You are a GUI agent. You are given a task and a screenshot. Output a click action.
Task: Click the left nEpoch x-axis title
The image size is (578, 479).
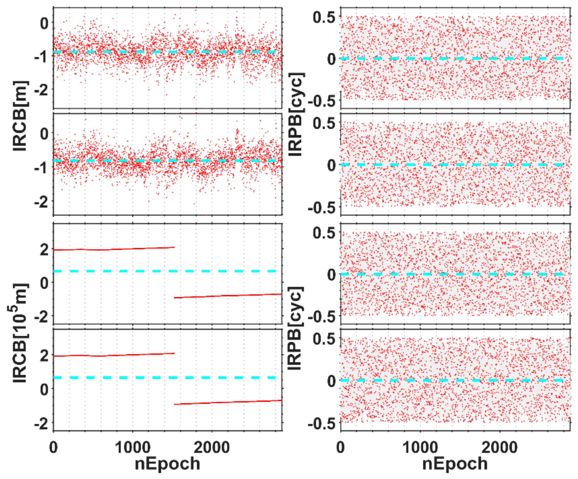pyautogui.click(x=167, y=463)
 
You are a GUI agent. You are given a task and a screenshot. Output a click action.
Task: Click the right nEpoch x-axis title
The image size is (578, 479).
pyautogui.click(x=455, y=463)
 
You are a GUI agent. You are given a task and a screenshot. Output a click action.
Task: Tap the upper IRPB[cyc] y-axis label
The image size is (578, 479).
pyautogui.click(x=296, y=114)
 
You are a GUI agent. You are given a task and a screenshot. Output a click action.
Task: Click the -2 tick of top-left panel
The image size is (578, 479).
pyautogui.click(x=41, y=90)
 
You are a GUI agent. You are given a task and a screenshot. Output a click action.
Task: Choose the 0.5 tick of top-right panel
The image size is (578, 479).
pyautogui.click(x=324, y=17)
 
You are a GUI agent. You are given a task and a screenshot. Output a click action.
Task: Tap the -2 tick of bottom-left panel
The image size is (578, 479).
pyautogui.click(x=41, y=424)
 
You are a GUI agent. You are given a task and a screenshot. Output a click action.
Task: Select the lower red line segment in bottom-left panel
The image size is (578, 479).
pyautogui.click(x=228, y=402)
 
